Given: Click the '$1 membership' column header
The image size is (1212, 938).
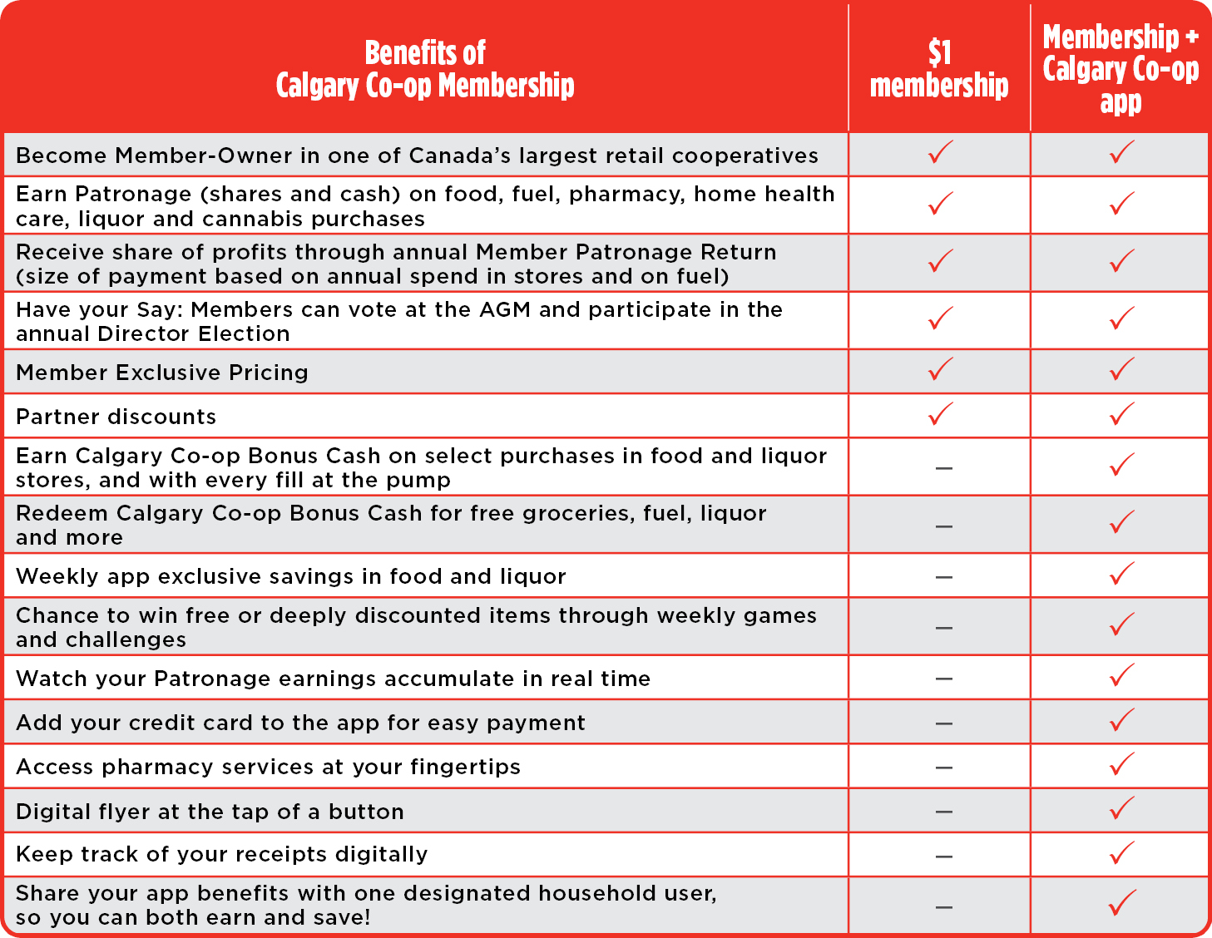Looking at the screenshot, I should [x=939, y=69].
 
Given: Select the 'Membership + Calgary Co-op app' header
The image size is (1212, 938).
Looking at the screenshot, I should [x=1120, y=69].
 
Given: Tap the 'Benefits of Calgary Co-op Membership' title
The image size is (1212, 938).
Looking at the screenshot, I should [x=425, y=69].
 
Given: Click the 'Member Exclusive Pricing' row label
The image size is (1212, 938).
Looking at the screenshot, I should [x=162, y=373].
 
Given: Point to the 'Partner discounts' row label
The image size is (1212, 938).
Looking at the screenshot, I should [x=116, y=417].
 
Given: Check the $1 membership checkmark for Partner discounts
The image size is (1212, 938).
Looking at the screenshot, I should [x=941, y=413].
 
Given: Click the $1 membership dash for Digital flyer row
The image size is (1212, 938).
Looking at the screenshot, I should [x=943, y=812].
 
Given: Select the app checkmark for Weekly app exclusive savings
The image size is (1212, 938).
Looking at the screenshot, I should [x=1122, y=574].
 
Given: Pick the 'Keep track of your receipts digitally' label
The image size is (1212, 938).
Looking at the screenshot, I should [x=222, y=855].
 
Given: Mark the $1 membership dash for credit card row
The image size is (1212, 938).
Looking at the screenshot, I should [x=943, y=723].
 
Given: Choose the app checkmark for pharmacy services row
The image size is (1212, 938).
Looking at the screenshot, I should [x=1122, y=764].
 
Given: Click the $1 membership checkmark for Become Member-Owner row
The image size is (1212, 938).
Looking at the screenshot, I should [x=941, y=152].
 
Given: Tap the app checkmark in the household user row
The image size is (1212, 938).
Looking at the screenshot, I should [x=1122, y=903].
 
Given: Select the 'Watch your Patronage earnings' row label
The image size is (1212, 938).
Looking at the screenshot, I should [x=333, y=679].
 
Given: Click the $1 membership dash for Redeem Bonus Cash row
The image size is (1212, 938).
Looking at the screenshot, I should [x=943, y=526].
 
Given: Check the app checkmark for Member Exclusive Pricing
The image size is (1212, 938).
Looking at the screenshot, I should [x=1122, y=369].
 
